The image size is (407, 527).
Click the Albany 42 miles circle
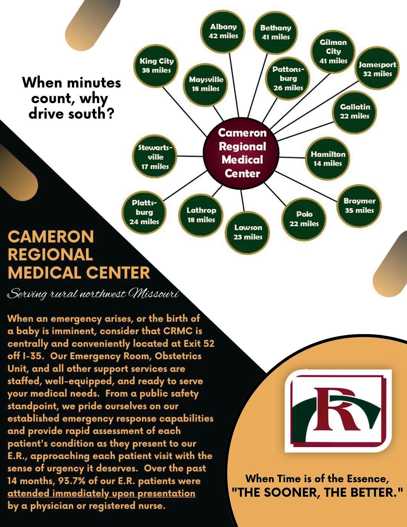pyautogui.click(x=223, y=31)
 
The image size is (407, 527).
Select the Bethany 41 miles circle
pyautogui.click(x=276, y=32)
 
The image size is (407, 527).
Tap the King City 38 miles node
pyautogui.click(x=156, y=66)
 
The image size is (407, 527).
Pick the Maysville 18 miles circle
pyautogui.click(x=206, y=84)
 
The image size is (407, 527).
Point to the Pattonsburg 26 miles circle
pyautogui.click(x=288, y=78)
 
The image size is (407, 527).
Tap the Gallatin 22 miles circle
pyautogui.click(x=355, y=111)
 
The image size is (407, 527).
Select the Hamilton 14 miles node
pyautogui.click(x=328, y=159)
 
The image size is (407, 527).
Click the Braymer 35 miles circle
pyautogui.click(x=359, y=206)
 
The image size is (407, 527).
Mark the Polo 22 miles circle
pyautogui.click(x=304, y=219)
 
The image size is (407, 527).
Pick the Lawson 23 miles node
pyautogui.click(x=248, y=232)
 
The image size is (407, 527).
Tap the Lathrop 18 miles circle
pyautogui.click(x=201, y=215)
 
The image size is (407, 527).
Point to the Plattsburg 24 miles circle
pyautogui.click(x=144, y=212)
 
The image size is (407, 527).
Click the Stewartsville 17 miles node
pyautogui.click(x=155, y=157)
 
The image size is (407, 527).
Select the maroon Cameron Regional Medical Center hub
pyautogui.click(x=242, y=153)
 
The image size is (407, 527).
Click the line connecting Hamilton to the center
pyautogui.click(x=292, y=158)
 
